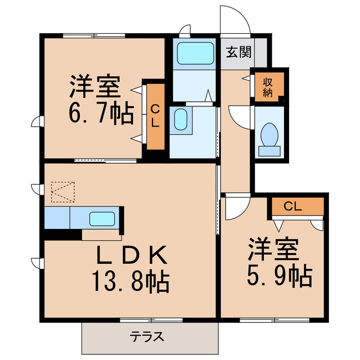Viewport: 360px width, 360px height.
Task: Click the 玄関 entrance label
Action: click(238, 53)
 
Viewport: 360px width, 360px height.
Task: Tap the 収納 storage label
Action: click(267, 88)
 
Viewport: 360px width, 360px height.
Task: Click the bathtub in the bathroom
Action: click(194, 55)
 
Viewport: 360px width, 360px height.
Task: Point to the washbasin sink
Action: click(180, 120)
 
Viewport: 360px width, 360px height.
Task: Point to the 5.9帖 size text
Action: click(279, 275)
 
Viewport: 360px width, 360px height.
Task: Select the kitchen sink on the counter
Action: click(102, 218)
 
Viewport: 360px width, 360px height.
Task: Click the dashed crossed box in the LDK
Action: click(62, 191)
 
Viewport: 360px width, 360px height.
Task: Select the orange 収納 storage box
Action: click(268, 88)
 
